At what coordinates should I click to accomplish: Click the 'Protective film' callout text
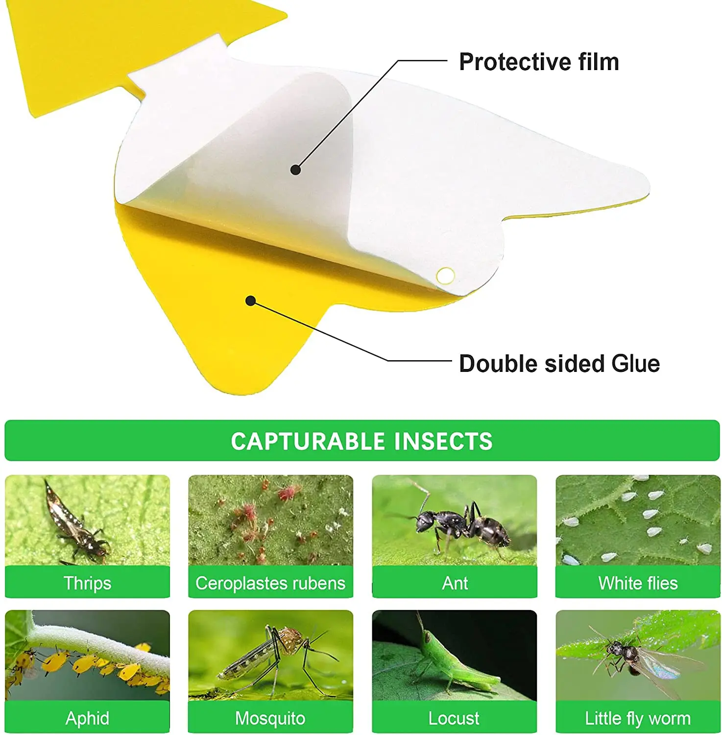[x=539, y=62]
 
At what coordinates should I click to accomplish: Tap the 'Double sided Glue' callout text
[x=559, y=364]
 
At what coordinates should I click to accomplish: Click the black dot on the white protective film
[x=295, y=170]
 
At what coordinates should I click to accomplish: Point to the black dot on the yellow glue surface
[x=250, y=300]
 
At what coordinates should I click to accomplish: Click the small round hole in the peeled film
[x=445, y=276]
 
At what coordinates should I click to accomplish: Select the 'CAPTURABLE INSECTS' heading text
[x=361, y=441]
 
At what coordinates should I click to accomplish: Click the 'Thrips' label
[x=87, y=583]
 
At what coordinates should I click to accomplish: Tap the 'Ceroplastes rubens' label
[x=270, y=583]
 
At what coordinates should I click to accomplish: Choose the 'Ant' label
[x=455, y=583]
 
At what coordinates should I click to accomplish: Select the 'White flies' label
[x=638, y=583]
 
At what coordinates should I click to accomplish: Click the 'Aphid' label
[x=87, y=718]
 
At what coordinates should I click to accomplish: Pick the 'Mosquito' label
[x=270, y=718]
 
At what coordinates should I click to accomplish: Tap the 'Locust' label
[x=454, y=718]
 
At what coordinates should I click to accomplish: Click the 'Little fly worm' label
[x=638, y=718]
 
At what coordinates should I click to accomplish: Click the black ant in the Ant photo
[x=463, y=524]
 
